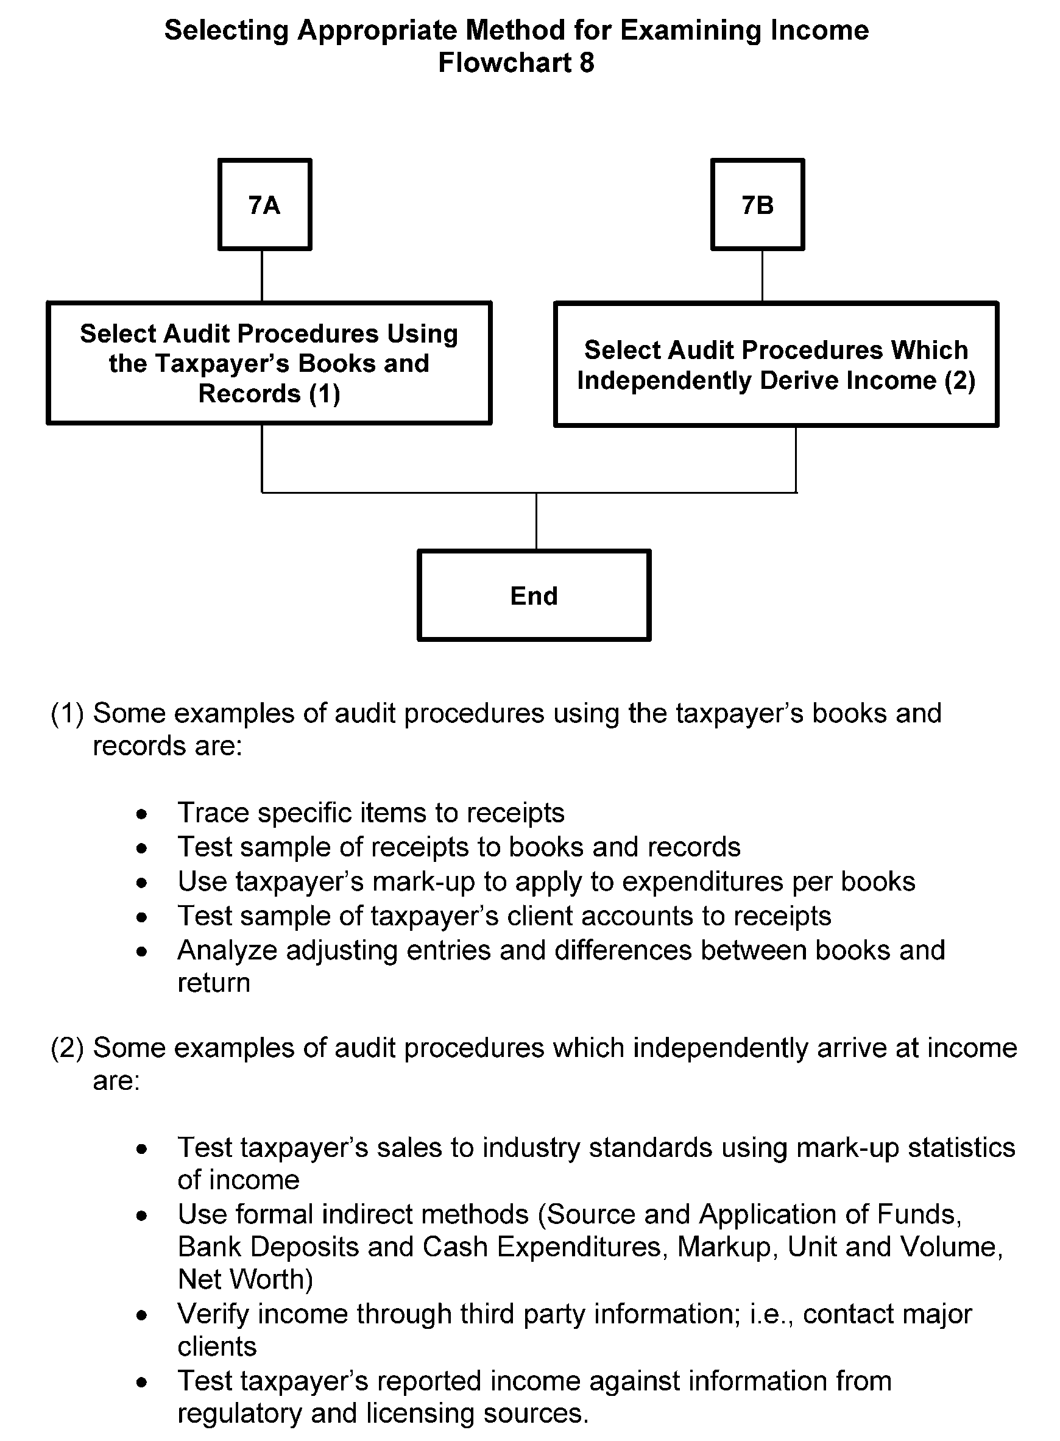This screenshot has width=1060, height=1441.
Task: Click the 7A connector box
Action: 264,204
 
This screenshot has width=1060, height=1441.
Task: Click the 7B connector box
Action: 757,204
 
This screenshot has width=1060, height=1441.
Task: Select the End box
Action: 533,595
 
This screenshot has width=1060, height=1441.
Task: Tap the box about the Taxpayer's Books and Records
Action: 269,363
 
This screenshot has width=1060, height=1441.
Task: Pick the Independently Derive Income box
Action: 776,364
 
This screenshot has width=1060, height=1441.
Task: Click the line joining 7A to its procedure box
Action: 262,276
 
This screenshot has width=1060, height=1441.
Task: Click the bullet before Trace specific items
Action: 142,814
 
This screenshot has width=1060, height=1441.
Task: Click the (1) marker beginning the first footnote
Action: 67,714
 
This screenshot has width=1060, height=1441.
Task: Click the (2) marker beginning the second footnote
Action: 67,1048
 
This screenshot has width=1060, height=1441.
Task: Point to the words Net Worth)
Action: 245,1279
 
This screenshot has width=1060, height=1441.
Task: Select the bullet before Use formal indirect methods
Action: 142,1215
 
